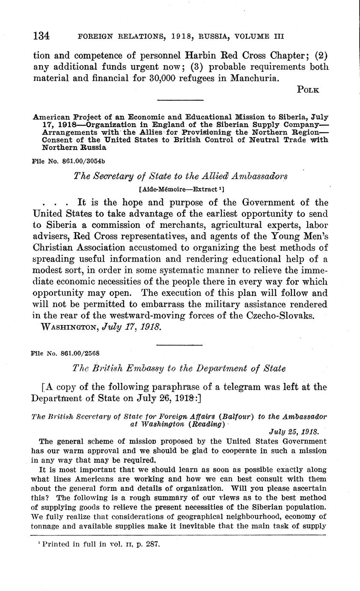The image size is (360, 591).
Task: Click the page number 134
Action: pyautogui.click(x=42, y=36)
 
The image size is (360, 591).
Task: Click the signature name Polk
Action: pyautogui.click(x=308, y=89)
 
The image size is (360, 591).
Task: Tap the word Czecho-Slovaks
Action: pyautogui.click(x=285, y=315)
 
